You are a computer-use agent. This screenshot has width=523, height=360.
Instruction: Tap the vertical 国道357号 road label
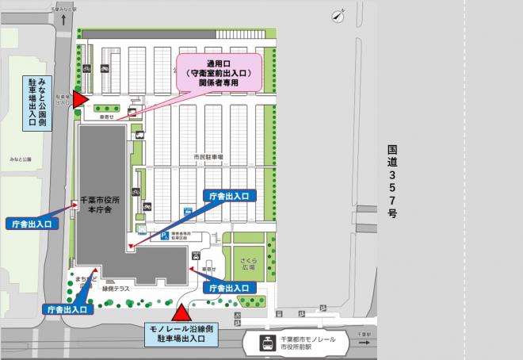(392, 182)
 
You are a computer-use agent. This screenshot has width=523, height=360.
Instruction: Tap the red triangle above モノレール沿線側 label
(182, 313)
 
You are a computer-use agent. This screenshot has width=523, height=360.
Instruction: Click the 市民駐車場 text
(208, 157)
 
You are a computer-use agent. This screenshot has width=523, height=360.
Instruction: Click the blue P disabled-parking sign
(165, 236)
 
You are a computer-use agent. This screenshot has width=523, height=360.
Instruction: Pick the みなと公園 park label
(21, 159)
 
